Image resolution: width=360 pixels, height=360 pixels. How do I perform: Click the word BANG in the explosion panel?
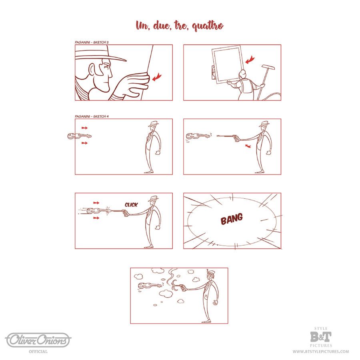(232, 219)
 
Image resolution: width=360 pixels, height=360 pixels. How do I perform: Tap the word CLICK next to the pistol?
(131, 204)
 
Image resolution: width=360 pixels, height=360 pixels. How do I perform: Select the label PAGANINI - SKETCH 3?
(92, 42)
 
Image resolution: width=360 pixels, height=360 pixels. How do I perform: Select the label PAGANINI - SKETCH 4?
(92, 116)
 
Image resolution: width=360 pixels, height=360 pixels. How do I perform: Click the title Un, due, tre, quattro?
(180, 25)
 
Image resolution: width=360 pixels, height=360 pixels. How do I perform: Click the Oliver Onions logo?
(38, 340)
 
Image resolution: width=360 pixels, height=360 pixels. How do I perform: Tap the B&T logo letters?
(321, 337)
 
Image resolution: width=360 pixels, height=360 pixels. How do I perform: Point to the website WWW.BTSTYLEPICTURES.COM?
(321, 352)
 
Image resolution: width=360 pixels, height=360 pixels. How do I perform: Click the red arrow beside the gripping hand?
(157, 77)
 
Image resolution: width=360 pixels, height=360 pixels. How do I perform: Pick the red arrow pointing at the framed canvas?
(250, 60)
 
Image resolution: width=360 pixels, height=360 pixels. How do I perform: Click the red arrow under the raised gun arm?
(248, 146)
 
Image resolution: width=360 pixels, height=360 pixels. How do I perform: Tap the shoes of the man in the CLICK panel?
(149, 247)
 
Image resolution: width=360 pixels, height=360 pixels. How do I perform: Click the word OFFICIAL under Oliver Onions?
(38, 352)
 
